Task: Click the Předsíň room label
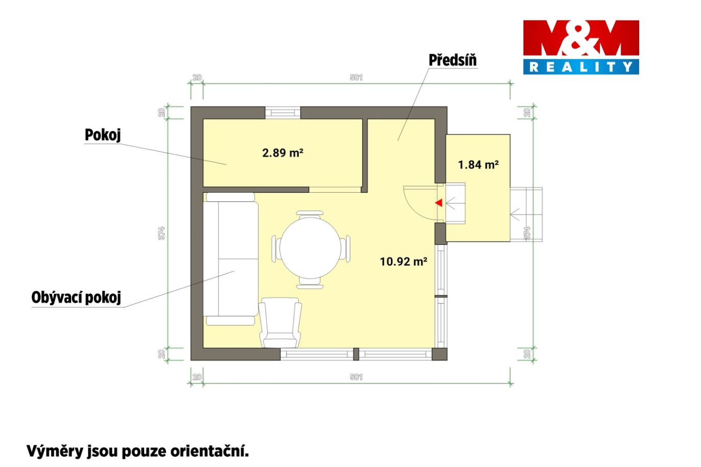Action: coord(453,60)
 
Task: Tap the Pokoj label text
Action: coord(103,135)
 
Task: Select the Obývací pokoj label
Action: coord(76,297)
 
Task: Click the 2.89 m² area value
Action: coord(283,153)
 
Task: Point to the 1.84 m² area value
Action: coord(478,165)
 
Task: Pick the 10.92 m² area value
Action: coord(404,262)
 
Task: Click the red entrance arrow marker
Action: coord(439,203)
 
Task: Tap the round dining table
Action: coord(310,248)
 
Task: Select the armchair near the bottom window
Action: coord(281,323)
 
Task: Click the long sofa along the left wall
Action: coord(230,259)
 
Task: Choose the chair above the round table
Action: coord(310,215)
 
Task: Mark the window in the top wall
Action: coord(283,113)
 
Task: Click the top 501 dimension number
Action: coord(356,77)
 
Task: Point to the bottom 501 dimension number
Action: coord(356,377)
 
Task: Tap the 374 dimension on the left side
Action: coord(161,233)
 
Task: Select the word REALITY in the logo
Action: coord(581,66)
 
